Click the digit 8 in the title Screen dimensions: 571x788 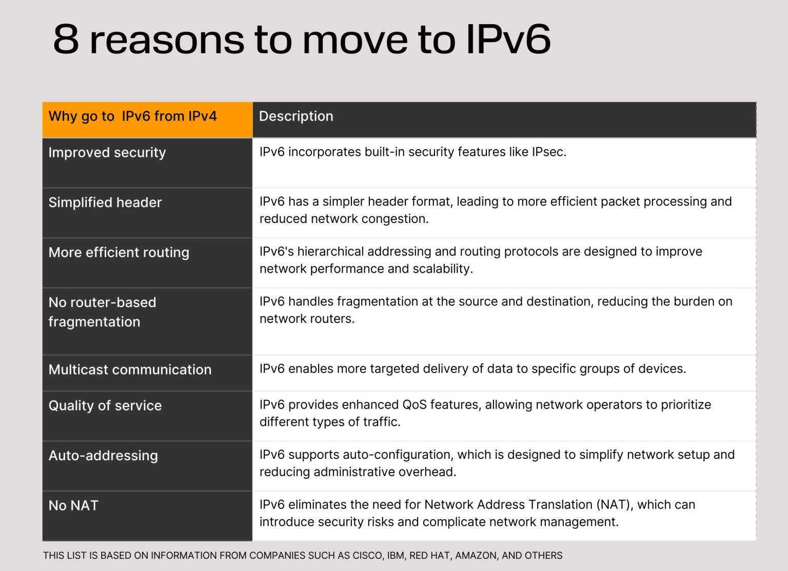66,39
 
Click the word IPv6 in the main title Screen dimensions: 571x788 508,39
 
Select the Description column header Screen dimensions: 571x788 296,116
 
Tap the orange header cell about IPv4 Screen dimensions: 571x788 132,116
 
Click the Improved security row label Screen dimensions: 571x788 107,153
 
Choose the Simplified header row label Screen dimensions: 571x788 105,202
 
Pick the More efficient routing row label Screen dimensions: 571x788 119,253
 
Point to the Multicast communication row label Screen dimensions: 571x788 130,370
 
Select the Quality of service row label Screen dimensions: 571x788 105,406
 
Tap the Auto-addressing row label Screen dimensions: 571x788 103,456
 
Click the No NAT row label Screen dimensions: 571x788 73,506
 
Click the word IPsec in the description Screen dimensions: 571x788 548,152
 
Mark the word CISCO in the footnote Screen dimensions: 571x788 367,556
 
